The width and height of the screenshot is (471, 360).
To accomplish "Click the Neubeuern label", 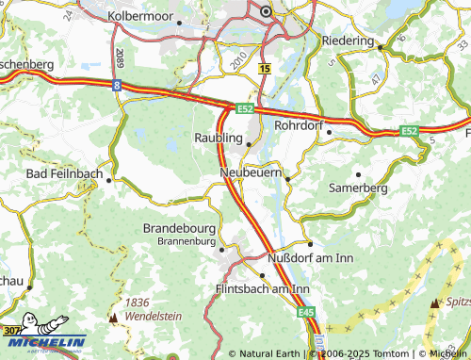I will click(x=252, y=174).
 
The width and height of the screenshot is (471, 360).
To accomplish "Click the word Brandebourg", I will click(x=179, y=228).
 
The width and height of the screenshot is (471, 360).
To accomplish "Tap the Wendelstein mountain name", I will click(x=151, y=318).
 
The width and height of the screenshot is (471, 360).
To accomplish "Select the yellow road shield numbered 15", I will click(x=265, y=70).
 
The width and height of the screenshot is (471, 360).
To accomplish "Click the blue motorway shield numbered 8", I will click(x=117, y=86).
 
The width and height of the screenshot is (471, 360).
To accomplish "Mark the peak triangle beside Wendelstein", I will click(x=113, y=318).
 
